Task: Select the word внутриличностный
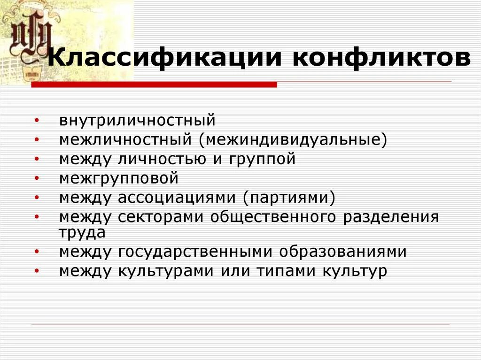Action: [x=137, y=120]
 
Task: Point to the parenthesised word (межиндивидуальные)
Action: [x=293, y=139]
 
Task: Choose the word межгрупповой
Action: [x=119, y=178]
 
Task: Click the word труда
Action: [x=82, y=232]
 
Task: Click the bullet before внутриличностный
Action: [x=37, y=121]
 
